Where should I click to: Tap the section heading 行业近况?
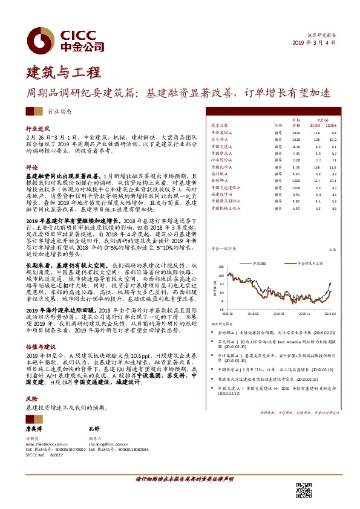click(36, 129)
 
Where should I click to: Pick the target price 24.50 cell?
click(295, 132)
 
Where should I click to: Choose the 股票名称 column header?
click(219, 126)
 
